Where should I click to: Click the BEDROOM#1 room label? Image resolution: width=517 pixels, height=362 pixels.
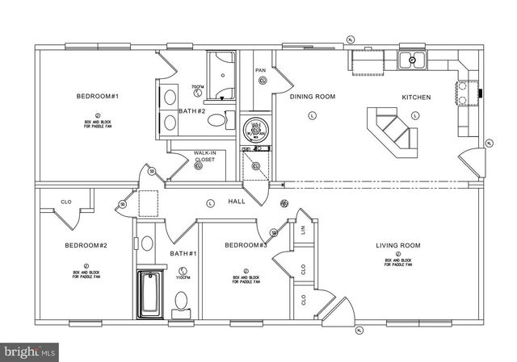click(98, 97)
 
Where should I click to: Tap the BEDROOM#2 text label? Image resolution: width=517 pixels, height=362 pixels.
click(86, 245)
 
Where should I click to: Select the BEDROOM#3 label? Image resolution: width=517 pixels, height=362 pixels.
click(246, 245)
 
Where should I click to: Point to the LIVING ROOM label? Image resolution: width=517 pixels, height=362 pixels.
click(397, 245)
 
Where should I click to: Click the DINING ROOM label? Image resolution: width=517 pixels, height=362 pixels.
click(313, 97)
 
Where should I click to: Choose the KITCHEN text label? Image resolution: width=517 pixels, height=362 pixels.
click(417, 98)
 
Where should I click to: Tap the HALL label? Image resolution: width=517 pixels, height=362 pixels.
click(237, 202)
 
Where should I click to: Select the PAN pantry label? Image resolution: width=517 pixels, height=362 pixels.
click(261, 71)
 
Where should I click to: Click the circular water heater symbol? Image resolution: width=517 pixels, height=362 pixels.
click(255, 127)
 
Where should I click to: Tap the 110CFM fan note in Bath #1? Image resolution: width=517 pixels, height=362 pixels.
click(183, 277)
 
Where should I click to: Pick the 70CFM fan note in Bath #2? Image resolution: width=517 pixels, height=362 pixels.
click(196, 86)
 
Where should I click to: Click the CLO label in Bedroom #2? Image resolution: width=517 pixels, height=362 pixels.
click(67, 202)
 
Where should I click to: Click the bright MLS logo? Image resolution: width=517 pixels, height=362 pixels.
click(30, 352)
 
